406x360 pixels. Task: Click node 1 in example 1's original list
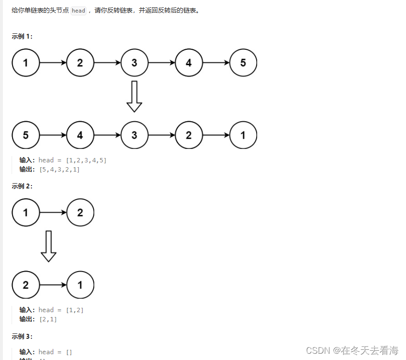point(25,63)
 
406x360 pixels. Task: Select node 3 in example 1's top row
point(134,63)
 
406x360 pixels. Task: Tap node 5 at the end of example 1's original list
point(243,63)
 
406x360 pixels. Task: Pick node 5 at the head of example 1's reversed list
point(25,135)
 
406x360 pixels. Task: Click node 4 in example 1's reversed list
point(80,135)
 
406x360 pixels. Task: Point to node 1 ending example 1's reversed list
point(243,135)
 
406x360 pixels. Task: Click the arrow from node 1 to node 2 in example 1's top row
point(53,63)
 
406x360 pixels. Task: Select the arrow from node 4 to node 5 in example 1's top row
point(216,63)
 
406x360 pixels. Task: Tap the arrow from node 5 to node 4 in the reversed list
point(53,135)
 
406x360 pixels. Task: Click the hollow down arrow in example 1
point(134,96)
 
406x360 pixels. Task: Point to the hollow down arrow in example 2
point(48,246)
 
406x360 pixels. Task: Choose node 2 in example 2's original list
point(80,212)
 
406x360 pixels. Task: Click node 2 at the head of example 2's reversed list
point(25,285)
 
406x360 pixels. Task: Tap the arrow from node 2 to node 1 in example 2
point(53,285)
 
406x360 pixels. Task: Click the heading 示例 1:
point(22,37)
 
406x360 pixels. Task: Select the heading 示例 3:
point(22,336)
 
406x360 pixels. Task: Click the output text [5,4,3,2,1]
point(59,170)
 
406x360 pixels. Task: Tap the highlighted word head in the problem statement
point(78,11)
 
